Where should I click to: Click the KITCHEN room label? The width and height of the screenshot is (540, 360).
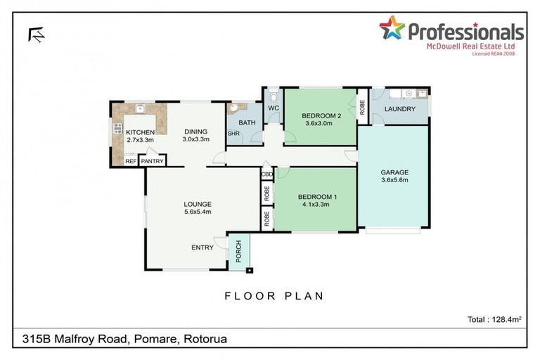pos(140,131)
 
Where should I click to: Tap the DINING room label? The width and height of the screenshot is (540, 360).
pos(196,131)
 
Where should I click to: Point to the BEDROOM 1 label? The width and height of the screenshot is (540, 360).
pos(317,197)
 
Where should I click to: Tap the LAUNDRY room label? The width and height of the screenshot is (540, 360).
pos(400,109)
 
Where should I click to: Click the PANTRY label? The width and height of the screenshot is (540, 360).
pos(152,162)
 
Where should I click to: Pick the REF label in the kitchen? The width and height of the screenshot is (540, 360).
pos(130,162)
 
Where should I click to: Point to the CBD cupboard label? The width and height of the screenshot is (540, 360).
pos(267,174)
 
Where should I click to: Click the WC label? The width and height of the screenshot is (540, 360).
pos(274,108)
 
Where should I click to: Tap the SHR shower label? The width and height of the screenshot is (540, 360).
pos(233,134)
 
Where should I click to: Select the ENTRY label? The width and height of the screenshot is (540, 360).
pos(202,247)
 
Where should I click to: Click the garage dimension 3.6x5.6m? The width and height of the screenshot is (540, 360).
pos(394,179)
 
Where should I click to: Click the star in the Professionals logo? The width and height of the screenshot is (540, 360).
pos(392,28)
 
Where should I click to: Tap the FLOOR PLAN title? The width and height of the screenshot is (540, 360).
pos(274,296)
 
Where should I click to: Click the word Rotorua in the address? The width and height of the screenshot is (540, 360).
pos(205,340)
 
